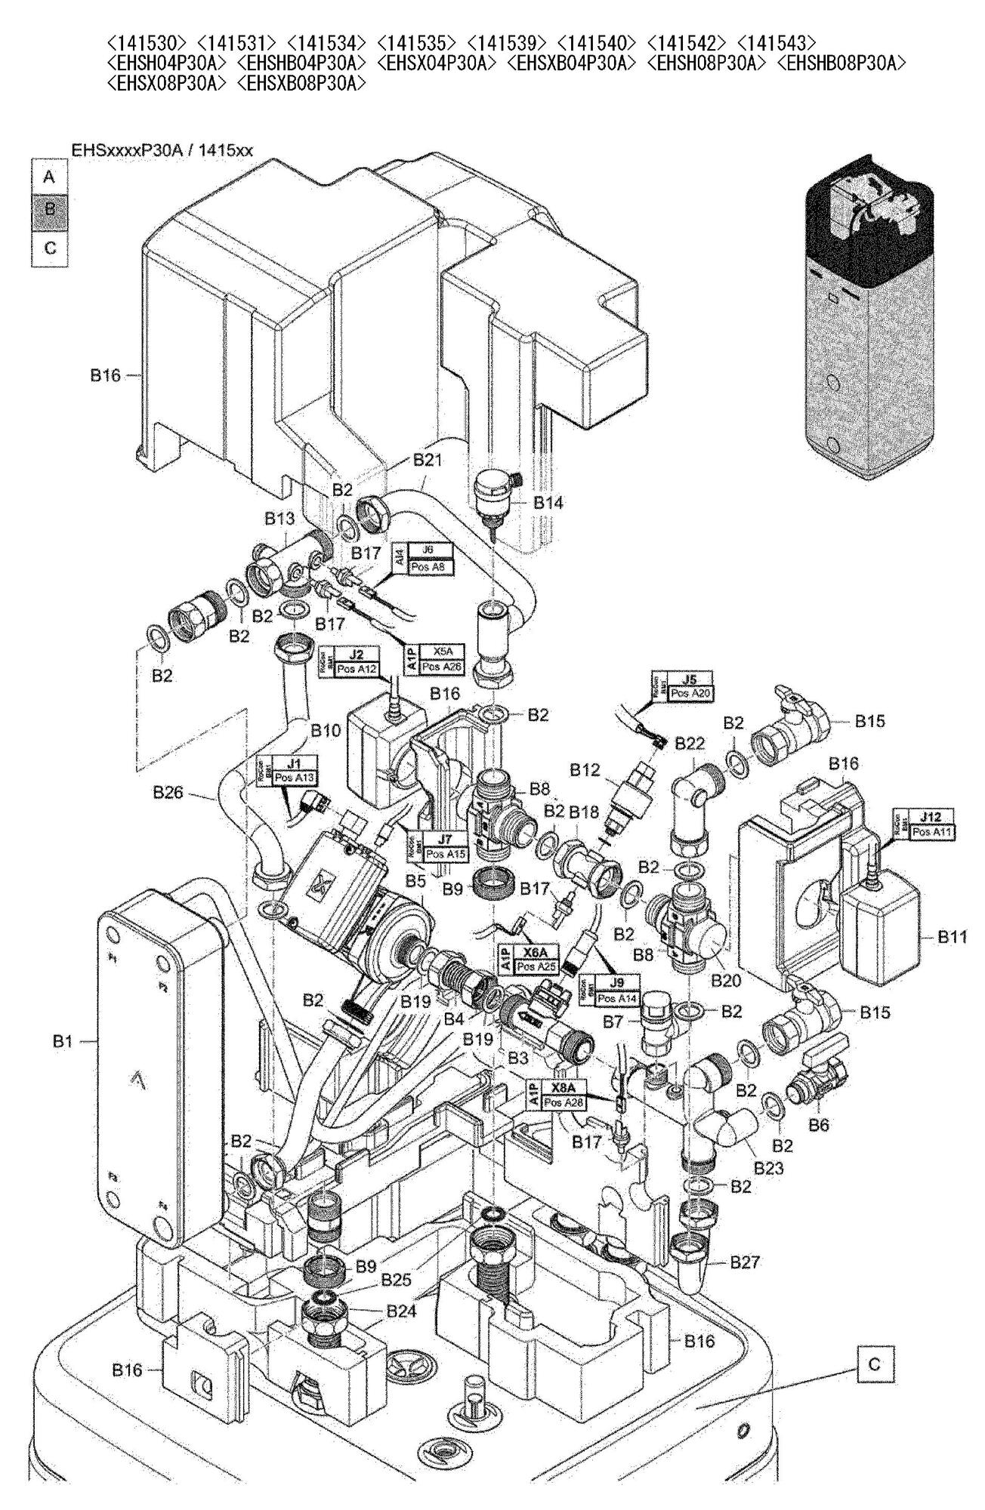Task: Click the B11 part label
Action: pos(952,937)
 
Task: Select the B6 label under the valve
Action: pos(820,1125)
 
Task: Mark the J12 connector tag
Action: pos(931,817)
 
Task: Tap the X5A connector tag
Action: pos(440,650)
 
